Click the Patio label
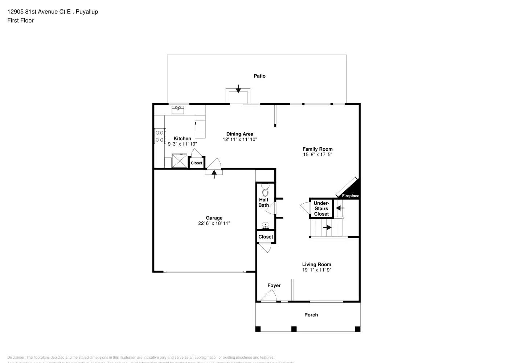tap(259, 76)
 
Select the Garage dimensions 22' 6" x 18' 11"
tap(214, 223)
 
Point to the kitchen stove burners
tap(160, 136)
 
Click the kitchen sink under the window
tap(178, 109)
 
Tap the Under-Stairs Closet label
tap(321, 208)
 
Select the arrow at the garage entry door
tap(214, 174)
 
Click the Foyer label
tap(274, 285)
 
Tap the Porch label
tap(311, 315)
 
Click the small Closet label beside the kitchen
tap(197, 163)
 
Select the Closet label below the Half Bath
tap(266, 237)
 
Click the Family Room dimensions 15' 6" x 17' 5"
tap(317, 154)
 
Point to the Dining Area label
tap(239, 134)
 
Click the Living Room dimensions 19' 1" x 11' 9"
tap(316, 270)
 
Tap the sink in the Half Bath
tap(266, 225)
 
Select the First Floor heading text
tap(20, 20)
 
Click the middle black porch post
tap(294, 329)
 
